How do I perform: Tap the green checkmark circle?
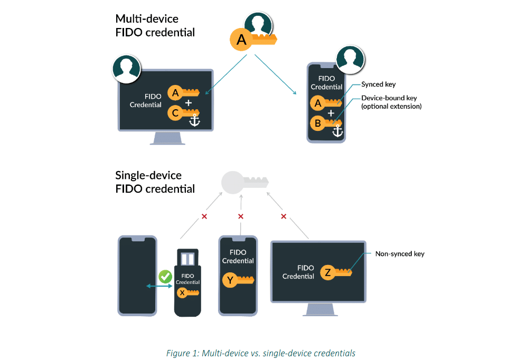pyautogui.click(x=165, y=276)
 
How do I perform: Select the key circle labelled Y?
pyautogui.click(x=229, y=280)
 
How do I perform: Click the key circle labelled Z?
pyautogui.click(x=328, y=272)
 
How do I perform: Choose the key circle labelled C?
pyautogui.click(x=174, y=112)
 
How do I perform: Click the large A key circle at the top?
pyautogui.click(x=242, y=39)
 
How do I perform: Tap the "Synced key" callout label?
pyautogui.click(x=378, y=84)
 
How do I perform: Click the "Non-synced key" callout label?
pyautogui.click(x=400, y=254)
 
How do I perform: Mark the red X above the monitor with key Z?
pyautogui.click(x=284, y=216)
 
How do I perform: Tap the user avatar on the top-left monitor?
pyautogui.click(x=126, y=68)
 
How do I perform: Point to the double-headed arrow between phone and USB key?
pyautogui.click(x=158, y=286)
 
